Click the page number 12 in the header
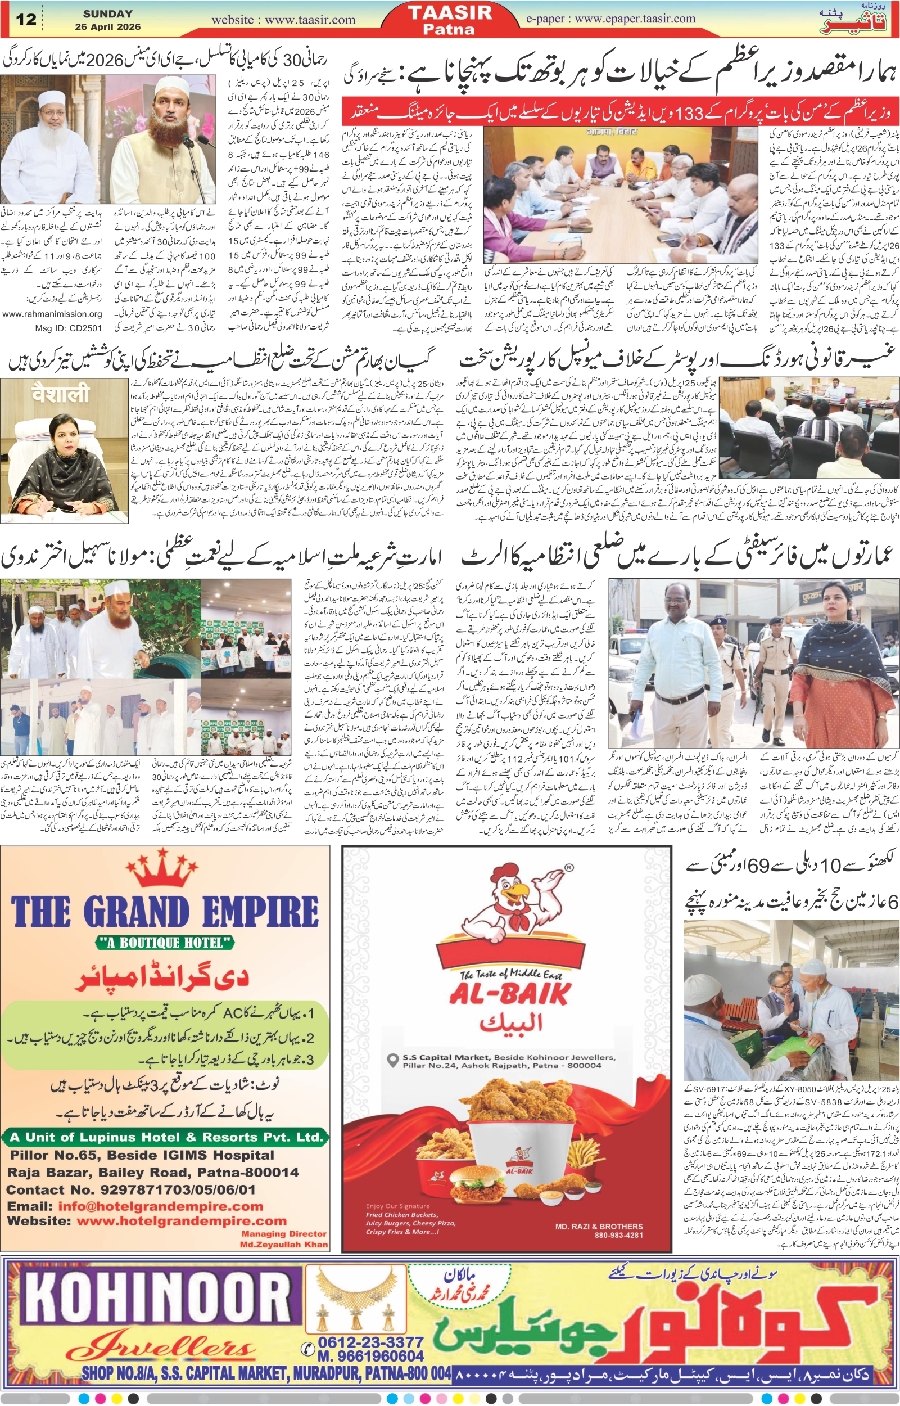point(26,19)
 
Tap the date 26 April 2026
point(107,27)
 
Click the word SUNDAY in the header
point(107,13)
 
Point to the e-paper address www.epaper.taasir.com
point(635,19)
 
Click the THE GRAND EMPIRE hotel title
point(165,911)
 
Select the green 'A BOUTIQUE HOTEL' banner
point(165,942)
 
